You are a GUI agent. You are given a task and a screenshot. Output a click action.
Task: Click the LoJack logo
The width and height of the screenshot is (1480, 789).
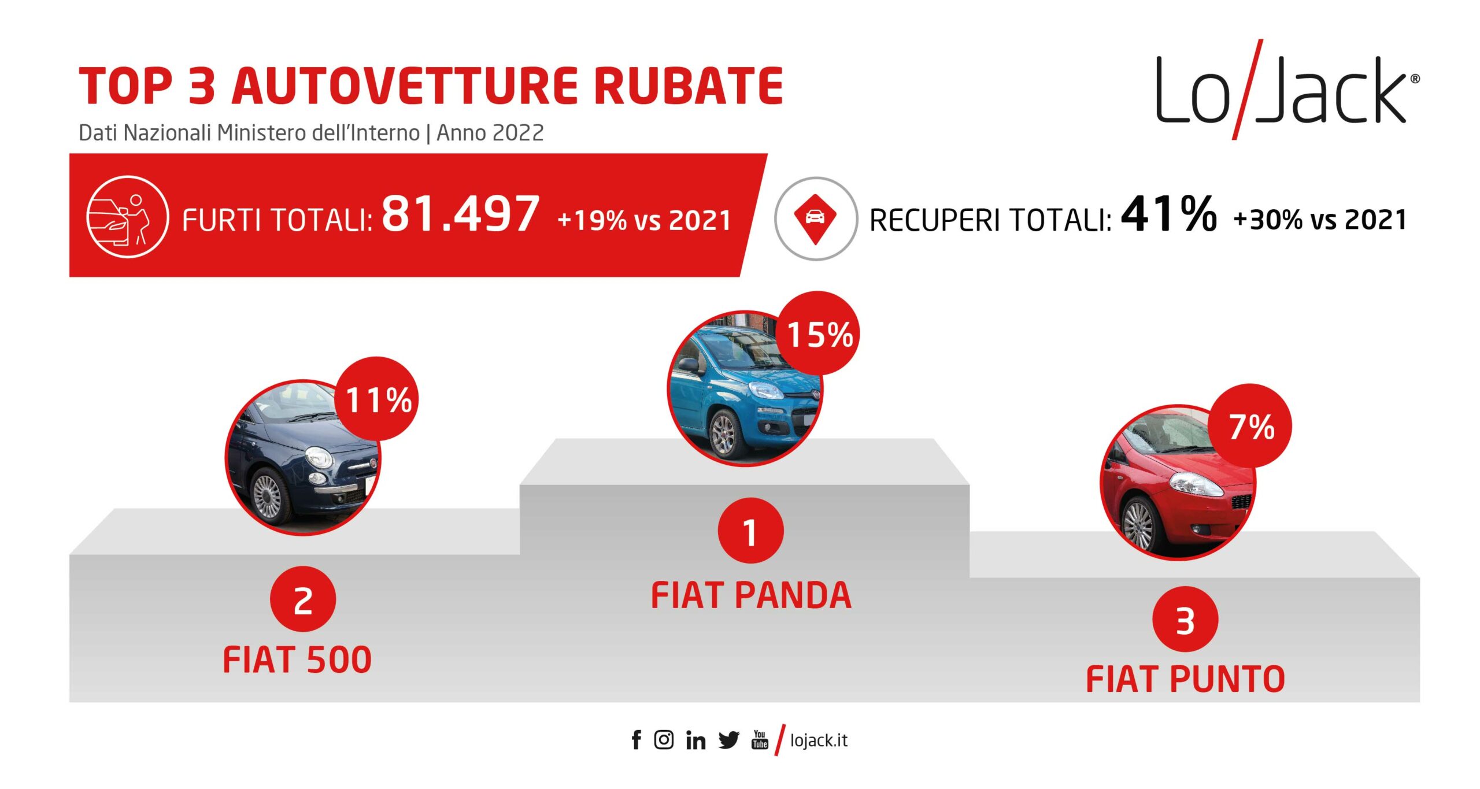1287,90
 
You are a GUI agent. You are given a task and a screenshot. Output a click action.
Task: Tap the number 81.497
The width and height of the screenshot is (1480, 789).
461,213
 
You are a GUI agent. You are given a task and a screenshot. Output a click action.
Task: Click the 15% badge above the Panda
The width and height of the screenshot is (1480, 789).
817,333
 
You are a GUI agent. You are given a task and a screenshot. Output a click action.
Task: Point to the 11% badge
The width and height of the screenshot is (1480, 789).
376,399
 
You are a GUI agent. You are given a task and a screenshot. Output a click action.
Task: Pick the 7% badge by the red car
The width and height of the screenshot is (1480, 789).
1249,426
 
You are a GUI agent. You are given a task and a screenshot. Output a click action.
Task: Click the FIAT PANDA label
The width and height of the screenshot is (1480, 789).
751,595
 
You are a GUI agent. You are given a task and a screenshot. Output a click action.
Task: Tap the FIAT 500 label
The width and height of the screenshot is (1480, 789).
297,660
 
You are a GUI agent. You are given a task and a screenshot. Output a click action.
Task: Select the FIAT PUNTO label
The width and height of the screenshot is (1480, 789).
1185,679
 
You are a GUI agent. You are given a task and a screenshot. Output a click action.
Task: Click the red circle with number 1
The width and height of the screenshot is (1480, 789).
750,531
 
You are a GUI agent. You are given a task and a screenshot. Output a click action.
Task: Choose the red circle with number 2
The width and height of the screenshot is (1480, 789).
303,599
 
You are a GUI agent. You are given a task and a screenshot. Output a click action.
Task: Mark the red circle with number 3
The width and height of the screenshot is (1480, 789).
1185,620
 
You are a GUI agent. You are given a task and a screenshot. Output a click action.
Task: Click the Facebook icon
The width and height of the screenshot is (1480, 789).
637,740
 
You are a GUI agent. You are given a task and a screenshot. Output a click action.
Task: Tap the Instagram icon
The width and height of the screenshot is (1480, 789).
664,740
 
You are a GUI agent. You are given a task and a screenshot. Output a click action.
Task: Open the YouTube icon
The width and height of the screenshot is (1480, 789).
760,739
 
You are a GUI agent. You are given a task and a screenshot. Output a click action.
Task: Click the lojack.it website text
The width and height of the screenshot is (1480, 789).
819,740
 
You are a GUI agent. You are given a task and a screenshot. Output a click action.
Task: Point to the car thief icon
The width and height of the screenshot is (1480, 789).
127,216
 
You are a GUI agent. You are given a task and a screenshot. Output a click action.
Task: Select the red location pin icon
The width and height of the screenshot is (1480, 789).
815,218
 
